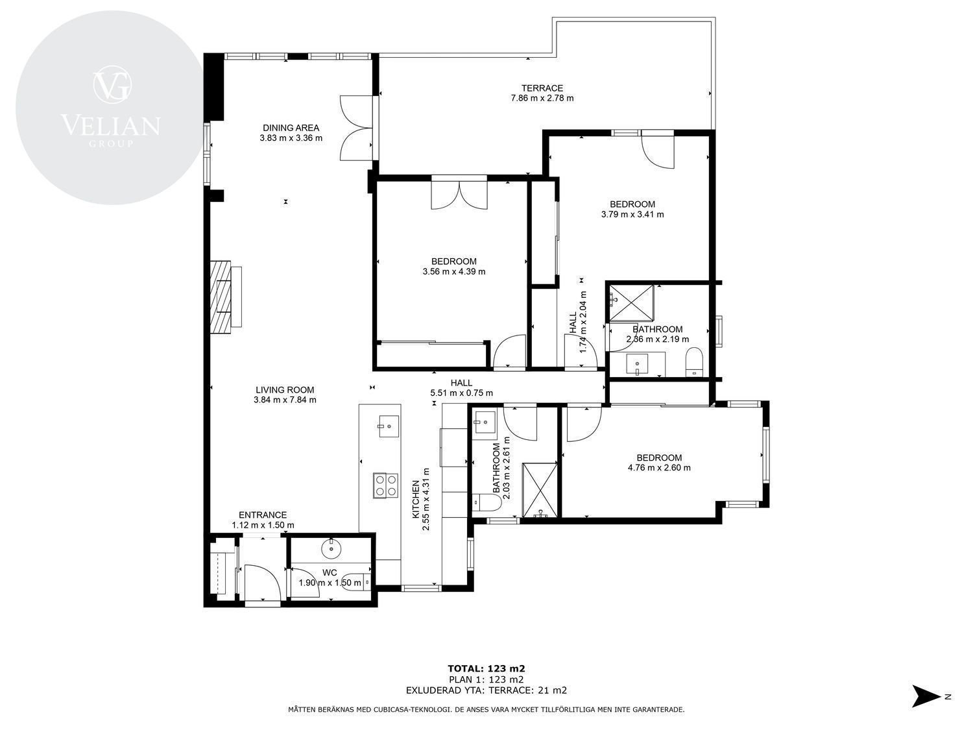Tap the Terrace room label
tap(542, 88)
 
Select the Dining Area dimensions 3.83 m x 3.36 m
tap(291, 138)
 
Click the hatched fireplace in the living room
tap(221, 297)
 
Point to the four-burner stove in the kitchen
tap(385, 486)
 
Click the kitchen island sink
tap(389, 426)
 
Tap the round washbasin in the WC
tap(331, 549)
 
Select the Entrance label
tap(263, 515)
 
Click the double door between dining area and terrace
tap(357, 128)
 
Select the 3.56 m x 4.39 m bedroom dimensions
tap(454, 272)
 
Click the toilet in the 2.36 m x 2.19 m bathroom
tap(693, 362)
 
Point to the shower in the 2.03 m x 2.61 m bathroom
tap(540, 490)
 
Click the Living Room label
tap(285, 390)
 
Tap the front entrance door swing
tap(262, 582)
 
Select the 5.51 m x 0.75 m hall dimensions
tap(461, 393)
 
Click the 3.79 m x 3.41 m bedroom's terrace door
tap(658, 149)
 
